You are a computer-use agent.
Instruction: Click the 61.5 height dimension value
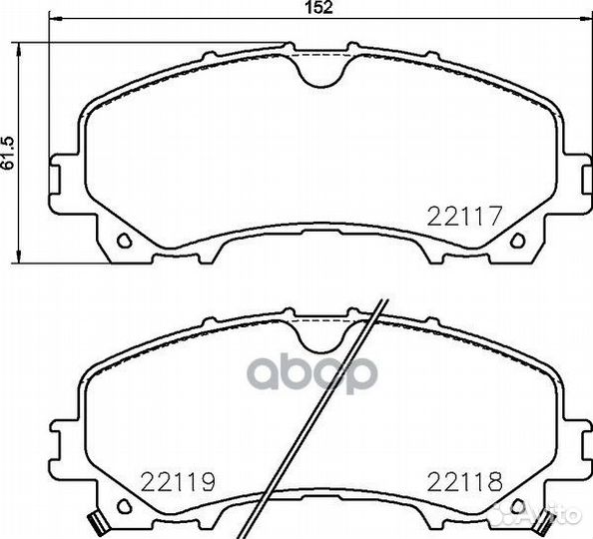[x=8, y=153]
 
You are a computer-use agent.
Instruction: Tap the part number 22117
[x=464, y=216]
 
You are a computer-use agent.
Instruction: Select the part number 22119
[x=178, y=482]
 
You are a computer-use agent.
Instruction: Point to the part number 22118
[x=465, y=482]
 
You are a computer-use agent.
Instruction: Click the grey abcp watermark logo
[x=312, y=372]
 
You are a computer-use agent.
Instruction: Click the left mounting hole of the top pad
[x=124, y=241]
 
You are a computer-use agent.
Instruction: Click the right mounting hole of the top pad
[x=517, y=241]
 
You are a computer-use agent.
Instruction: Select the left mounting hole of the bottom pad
[x=124, y=506]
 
